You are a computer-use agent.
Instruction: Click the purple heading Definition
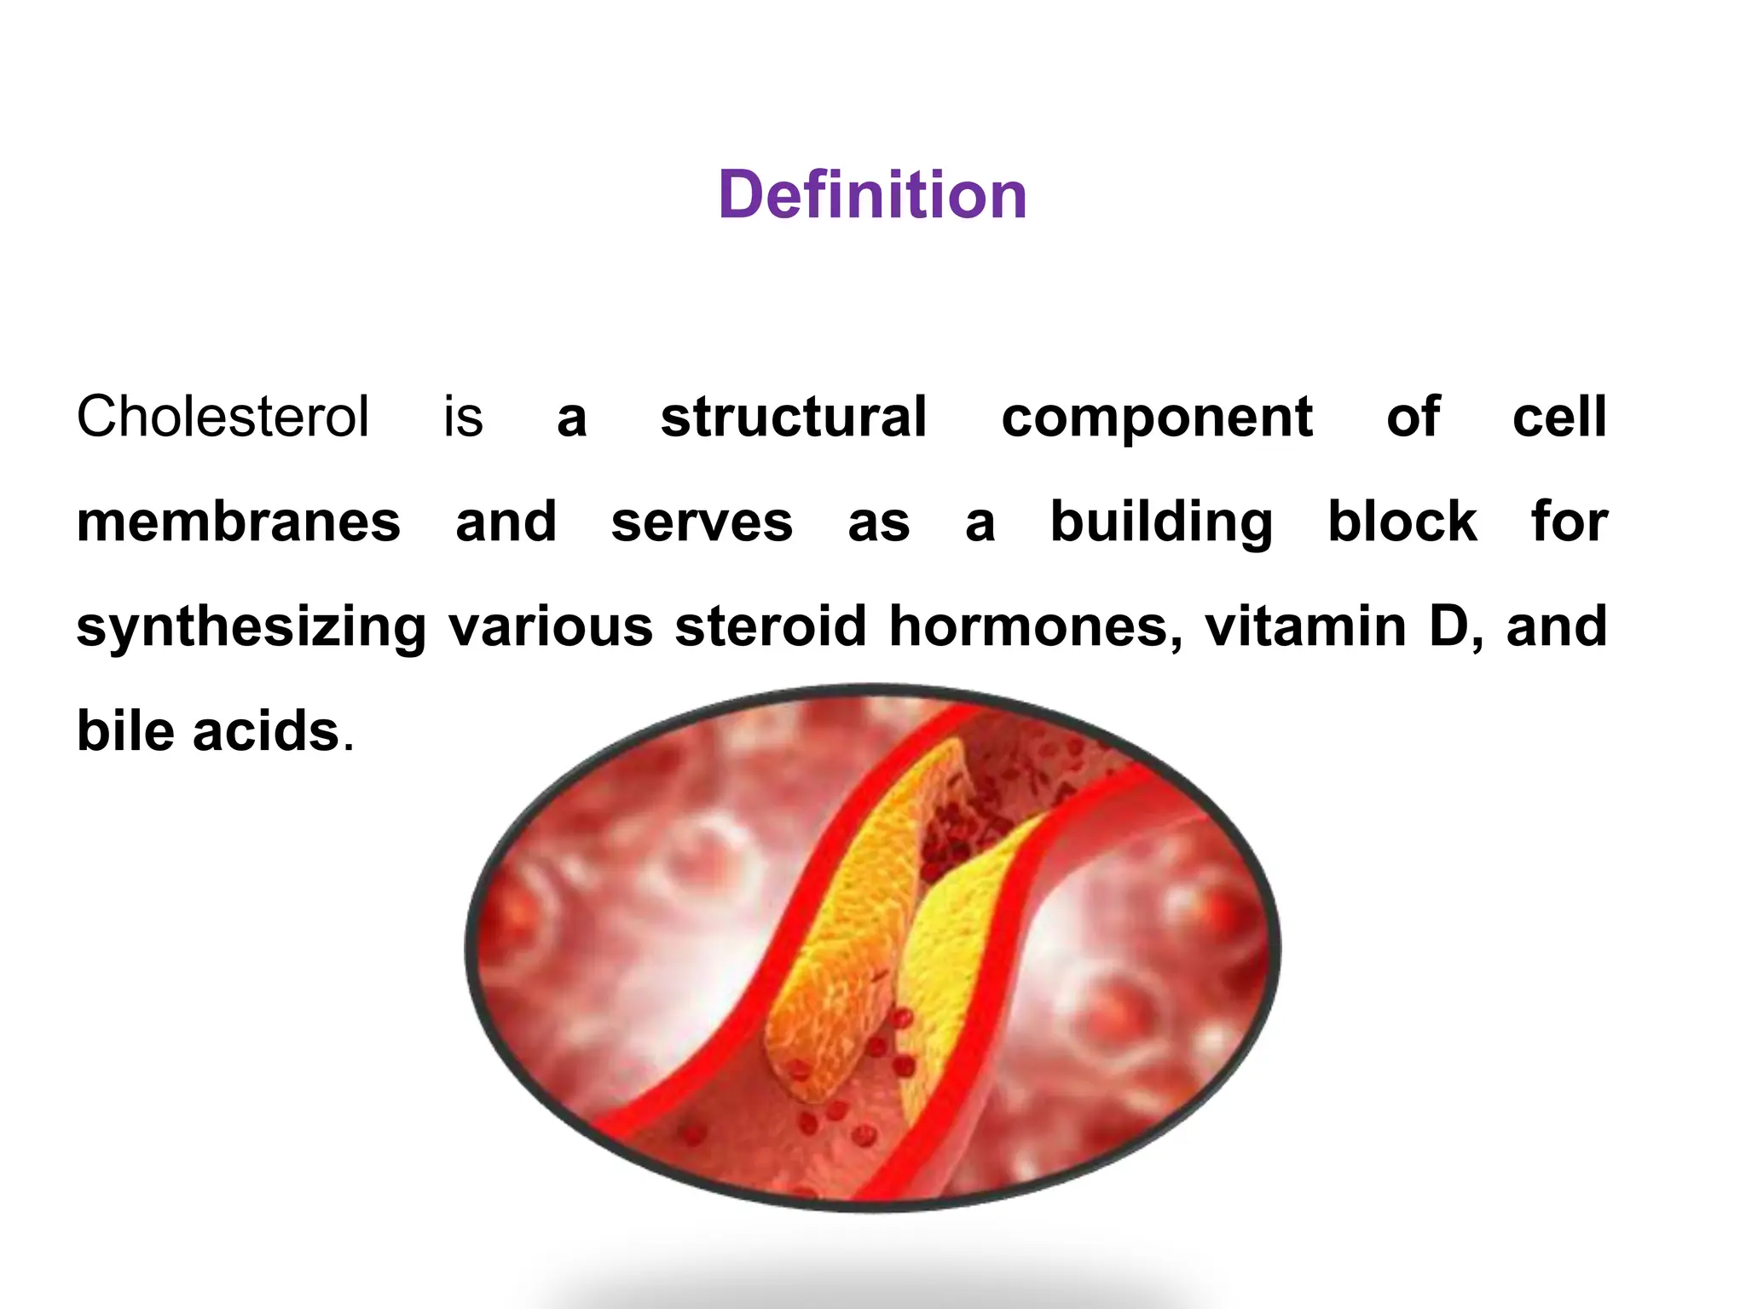[872, 194]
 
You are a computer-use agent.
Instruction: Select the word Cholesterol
[223, 417]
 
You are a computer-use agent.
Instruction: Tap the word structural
[794, 417]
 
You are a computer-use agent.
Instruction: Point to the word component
[1157, 418]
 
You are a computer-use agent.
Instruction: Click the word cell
[1559, 417]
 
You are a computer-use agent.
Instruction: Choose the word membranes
[239, 522]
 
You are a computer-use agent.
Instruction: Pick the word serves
[702, 522]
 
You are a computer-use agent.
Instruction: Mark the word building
[1161, 522]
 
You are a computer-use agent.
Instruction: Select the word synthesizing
[251, 627]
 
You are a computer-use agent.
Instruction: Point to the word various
[551, 626]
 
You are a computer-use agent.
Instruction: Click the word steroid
[771, 626]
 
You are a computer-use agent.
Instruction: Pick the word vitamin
[1305, 626]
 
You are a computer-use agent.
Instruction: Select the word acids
[266, 731]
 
